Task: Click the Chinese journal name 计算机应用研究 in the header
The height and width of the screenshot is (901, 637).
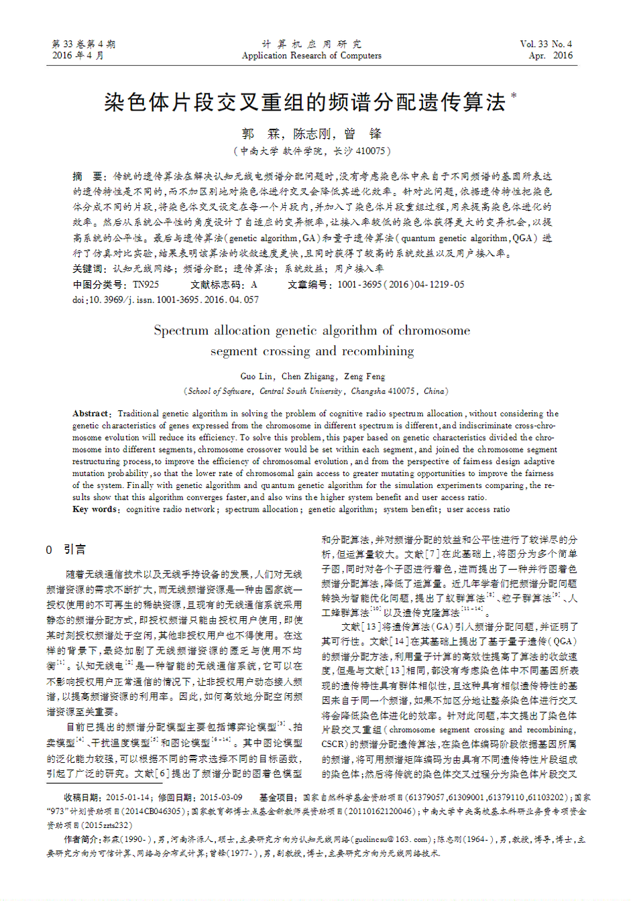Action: coord(312,44)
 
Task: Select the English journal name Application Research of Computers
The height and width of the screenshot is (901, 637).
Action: coord(312,56)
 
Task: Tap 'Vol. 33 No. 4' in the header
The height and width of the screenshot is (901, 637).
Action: coord(546,44)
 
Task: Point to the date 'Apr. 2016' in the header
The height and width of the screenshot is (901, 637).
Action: coord(551,56)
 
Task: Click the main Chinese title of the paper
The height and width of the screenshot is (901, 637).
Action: coord(305,102)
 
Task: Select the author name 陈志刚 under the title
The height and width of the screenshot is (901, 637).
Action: coord(312,133)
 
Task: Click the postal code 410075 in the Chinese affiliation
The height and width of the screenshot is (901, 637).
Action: coord(370,152)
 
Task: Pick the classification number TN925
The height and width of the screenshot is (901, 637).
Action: coord(146,284)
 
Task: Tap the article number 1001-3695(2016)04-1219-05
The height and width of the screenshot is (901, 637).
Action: coord(400,284)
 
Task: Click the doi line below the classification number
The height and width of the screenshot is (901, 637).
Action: coord(166,300)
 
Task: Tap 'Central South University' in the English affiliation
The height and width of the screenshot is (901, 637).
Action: coord(301,391)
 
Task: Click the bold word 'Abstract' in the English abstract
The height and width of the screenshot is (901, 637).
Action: coord(91,414)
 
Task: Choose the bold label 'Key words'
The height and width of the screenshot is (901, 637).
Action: coord(95,509)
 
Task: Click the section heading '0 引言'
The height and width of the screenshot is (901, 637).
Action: coord(66,550)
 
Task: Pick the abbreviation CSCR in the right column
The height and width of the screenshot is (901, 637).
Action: coord(333,744)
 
